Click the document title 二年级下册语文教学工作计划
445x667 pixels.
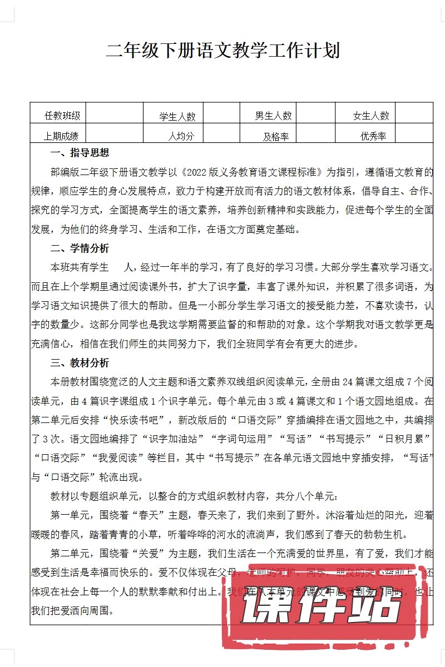[x=222, y=51]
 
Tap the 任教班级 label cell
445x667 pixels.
[x=62, y=116]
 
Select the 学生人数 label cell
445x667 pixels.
[x=177, y=117]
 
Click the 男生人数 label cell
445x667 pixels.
[x=273, y=116]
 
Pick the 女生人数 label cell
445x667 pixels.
[x=371, y=116]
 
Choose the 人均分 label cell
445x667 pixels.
[x=181, y=136]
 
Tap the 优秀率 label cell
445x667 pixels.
[x=373, y=136]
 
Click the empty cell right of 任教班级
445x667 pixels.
[x=115, y=116]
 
